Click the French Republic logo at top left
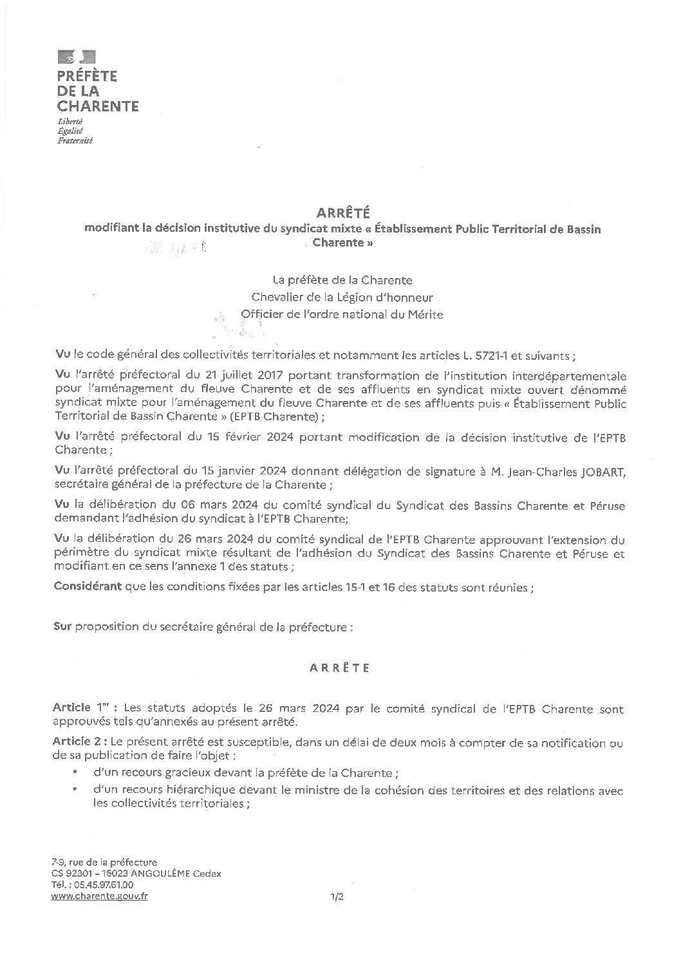coord(77,57)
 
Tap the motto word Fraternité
coord(75,140)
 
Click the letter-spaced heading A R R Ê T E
coord(339,668)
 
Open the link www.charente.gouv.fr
coord(99,896)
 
